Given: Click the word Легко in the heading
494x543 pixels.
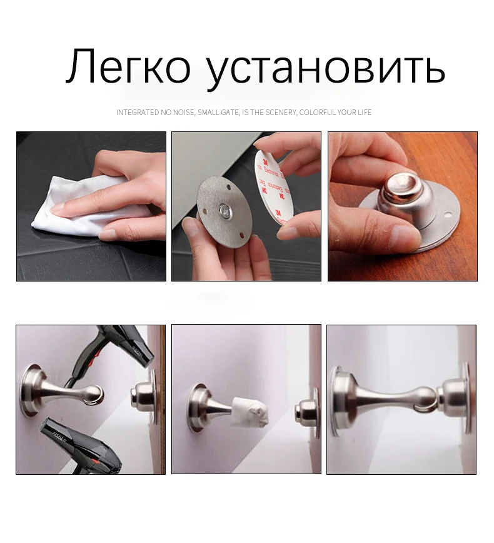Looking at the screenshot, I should [x=128, y=67].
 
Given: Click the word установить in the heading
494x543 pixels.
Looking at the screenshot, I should [x=325, y=67].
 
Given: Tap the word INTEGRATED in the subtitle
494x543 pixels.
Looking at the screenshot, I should [x=138, y=113].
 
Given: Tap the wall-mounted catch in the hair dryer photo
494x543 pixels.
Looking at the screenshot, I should [x=143, y=397].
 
